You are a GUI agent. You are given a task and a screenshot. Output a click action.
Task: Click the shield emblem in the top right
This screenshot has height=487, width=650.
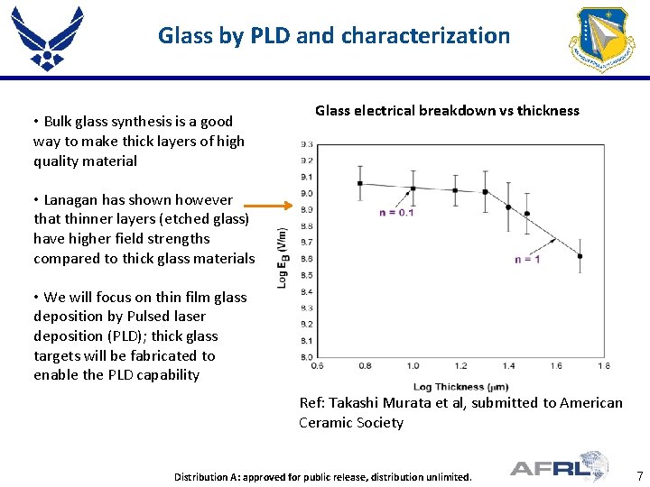pyautogui.click(x=601, y=39)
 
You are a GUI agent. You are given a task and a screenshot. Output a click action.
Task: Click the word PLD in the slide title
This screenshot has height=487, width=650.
pyautogui.click(x=271, y=36)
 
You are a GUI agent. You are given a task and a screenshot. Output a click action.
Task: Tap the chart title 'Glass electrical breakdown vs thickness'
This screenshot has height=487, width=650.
pyautogui.click(x=447, y=111)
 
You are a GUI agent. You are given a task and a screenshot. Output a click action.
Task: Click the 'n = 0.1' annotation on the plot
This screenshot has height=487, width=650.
pyautogui.click(x=397, y=213)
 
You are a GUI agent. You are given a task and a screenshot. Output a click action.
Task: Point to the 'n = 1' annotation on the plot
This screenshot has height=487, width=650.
pyautogui.click(x=526, y=259)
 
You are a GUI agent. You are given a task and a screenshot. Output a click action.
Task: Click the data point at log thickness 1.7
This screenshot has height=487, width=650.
pyautogui.click(x=579, y=256)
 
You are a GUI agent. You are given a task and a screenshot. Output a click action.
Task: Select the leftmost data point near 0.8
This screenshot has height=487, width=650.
pyautogui.click(x=359, y=184)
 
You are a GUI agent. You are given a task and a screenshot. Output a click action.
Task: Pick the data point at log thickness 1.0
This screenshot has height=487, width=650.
pyautogui.click(x=413, y=188)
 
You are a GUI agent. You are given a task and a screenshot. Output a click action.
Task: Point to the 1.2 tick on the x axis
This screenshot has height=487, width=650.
pyautogui.click(x=460, y=366)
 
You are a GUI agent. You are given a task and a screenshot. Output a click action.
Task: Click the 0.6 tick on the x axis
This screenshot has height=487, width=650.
pyautogui.click(x=317, y=366)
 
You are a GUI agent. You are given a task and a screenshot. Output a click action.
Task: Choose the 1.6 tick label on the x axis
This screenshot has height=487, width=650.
pyautogui.click(x=556, y=366)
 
